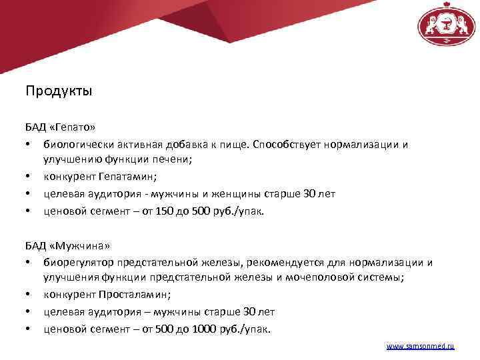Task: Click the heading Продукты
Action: (59, 91)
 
